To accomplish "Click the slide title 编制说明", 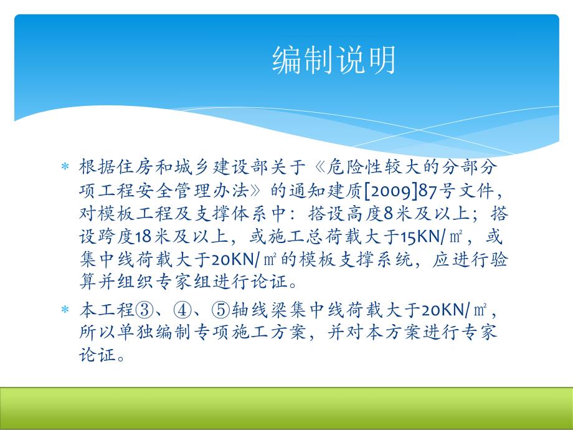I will [334, 61].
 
